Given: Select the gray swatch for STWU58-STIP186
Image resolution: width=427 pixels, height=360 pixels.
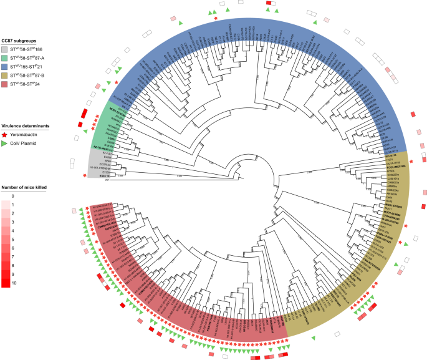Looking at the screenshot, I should pos(5,48).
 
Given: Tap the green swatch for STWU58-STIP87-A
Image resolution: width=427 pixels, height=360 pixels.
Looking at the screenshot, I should pos(5,57).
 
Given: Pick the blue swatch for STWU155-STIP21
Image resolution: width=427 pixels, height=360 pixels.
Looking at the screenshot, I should pos(5,66).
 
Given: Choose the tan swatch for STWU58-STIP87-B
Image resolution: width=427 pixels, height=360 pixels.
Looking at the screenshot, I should pos(5,74).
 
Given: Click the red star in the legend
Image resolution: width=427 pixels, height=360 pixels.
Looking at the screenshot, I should pos(5,134).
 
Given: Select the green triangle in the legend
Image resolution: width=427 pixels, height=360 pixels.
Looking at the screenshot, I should pos(5,143).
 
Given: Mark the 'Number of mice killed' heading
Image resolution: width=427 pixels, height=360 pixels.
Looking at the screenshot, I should pos(24,187).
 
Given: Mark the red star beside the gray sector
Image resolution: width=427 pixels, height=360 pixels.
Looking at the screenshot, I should pos(84,176).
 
